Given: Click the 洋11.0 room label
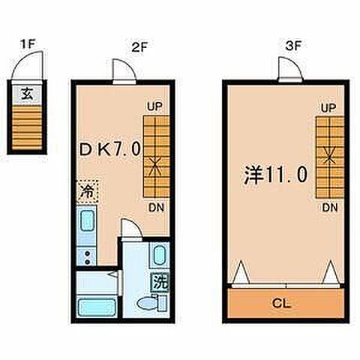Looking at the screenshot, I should tap(274, 175).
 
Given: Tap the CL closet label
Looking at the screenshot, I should tap(282, 304).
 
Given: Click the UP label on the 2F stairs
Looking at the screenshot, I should tap(153, 108).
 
